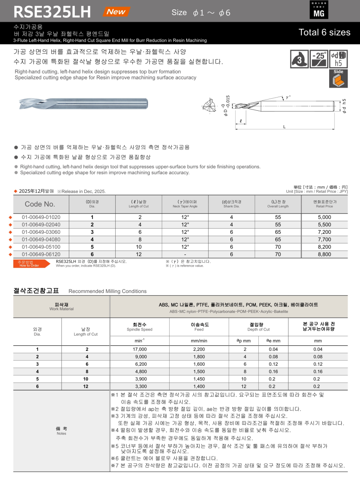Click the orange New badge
click(x=116, y=12)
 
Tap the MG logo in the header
click(x=319, y=10)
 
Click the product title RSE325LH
click(x=52, y=12)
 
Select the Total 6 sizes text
click(x=324, y=32)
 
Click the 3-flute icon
click(x=299, y=59)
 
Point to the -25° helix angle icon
click(x=319, y=59)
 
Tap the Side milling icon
click(x=338, y=78)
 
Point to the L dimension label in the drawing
click(x=284, y=127)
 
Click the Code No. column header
click(x=40, y=204)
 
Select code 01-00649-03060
click(x=41, y=232)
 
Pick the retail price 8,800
click(x=324, y=254)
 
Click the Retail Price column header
click(x=324, y=204)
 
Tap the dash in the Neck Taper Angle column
click(x=185, y=254)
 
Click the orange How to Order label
click(x=29, y=264)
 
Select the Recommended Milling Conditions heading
click(x=108, y=291)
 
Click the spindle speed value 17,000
click(x=139, y=349)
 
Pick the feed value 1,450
click(x=199, y=379)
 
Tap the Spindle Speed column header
click(x=139, y=327)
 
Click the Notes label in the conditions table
click(x=61, y=430)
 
